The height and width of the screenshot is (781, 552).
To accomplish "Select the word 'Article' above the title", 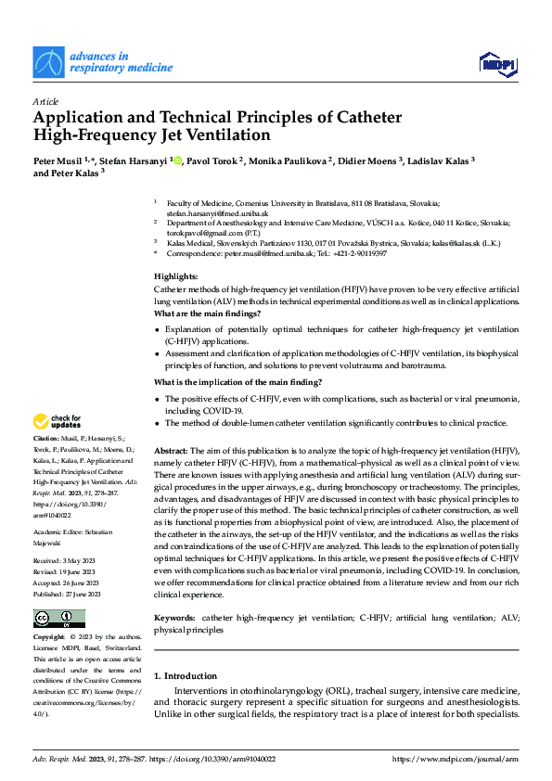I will click(x=45, y=100).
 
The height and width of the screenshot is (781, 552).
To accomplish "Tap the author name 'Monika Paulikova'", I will click(x=289, y=160).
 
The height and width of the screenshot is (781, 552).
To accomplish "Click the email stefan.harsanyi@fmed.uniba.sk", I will click(x=205, y=212).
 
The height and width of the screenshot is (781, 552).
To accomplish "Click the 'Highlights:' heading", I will click(x=175, y=277).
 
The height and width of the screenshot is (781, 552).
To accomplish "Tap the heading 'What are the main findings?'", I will click(x=207, y=314).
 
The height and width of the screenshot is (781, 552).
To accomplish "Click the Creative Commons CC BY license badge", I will click(x=58, y=619).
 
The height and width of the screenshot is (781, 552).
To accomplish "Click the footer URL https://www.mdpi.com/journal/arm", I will click(x=456, y=759).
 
